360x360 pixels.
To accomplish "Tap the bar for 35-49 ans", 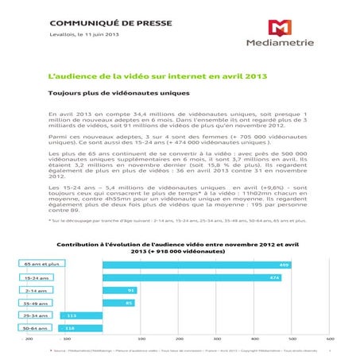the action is [119, 302].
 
